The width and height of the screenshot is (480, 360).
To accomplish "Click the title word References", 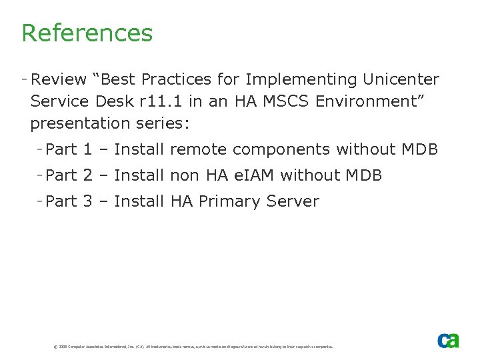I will click(x=87, y=33).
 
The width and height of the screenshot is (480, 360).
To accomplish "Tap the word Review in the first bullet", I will click(x=59, y=80).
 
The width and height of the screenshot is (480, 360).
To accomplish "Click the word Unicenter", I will click(x=401, y=80).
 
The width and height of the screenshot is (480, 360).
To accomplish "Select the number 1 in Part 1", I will click(x=87, y=150).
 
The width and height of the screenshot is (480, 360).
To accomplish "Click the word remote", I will click(x=198, y=150).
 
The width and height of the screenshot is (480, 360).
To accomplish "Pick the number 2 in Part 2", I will click(x=87, y=176).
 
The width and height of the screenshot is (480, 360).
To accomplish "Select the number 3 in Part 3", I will click(x=87, y=201).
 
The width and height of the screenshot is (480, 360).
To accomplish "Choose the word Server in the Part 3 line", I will click(x=293, y=201).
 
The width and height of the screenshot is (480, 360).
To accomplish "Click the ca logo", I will click(x=448, y=340).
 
